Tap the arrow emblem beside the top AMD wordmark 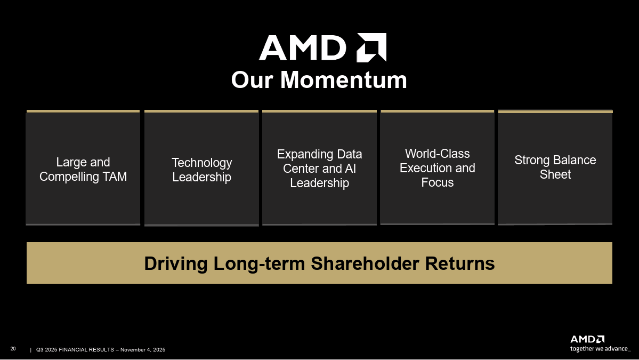coord(371,47)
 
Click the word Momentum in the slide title coord(343,81)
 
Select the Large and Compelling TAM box coord(83,169)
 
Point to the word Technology coord(201,163)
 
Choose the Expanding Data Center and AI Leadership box coord(319,169)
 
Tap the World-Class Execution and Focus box coord(437,168)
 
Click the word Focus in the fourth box coord(437,182)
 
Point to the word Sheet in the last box coord(555,175)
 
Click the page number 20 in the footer coord(13,349)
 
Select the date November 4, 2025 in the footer coord(143,350)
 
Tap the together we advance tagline coord(600,349)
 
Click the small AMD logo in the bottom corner coord(587,339)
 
